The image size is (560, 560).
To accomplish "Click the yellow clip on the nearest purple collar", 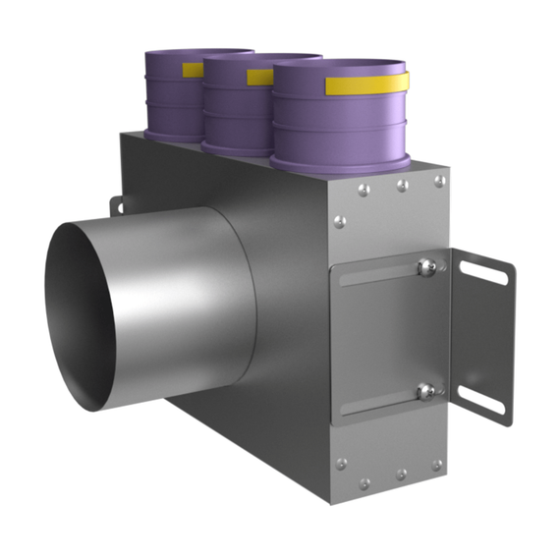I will tap(365, 84).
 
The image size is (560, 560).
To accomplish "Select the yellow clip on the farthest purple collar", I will tap(194, 70).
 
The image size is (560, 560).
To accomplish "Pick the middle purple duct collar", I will tap(236, 108).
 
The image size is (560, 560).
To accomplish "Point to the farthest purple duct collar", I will tap(172, 98).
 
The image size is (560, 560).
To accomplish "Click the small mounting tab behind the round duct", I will tap(116, 205).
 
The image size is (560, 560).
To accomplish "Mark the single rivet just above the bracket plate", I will tap(340, 223).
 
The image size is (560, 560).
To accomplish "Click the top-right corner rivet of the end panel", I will tap(439, 181).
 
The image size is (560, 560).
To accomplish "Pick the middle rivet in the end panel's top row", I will tap(402, 185).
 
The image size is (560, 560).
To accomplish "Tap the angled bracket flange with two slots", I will tap(483, 334).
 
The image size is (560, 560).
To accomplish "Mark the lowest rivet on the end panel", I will tap(364, 483).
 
